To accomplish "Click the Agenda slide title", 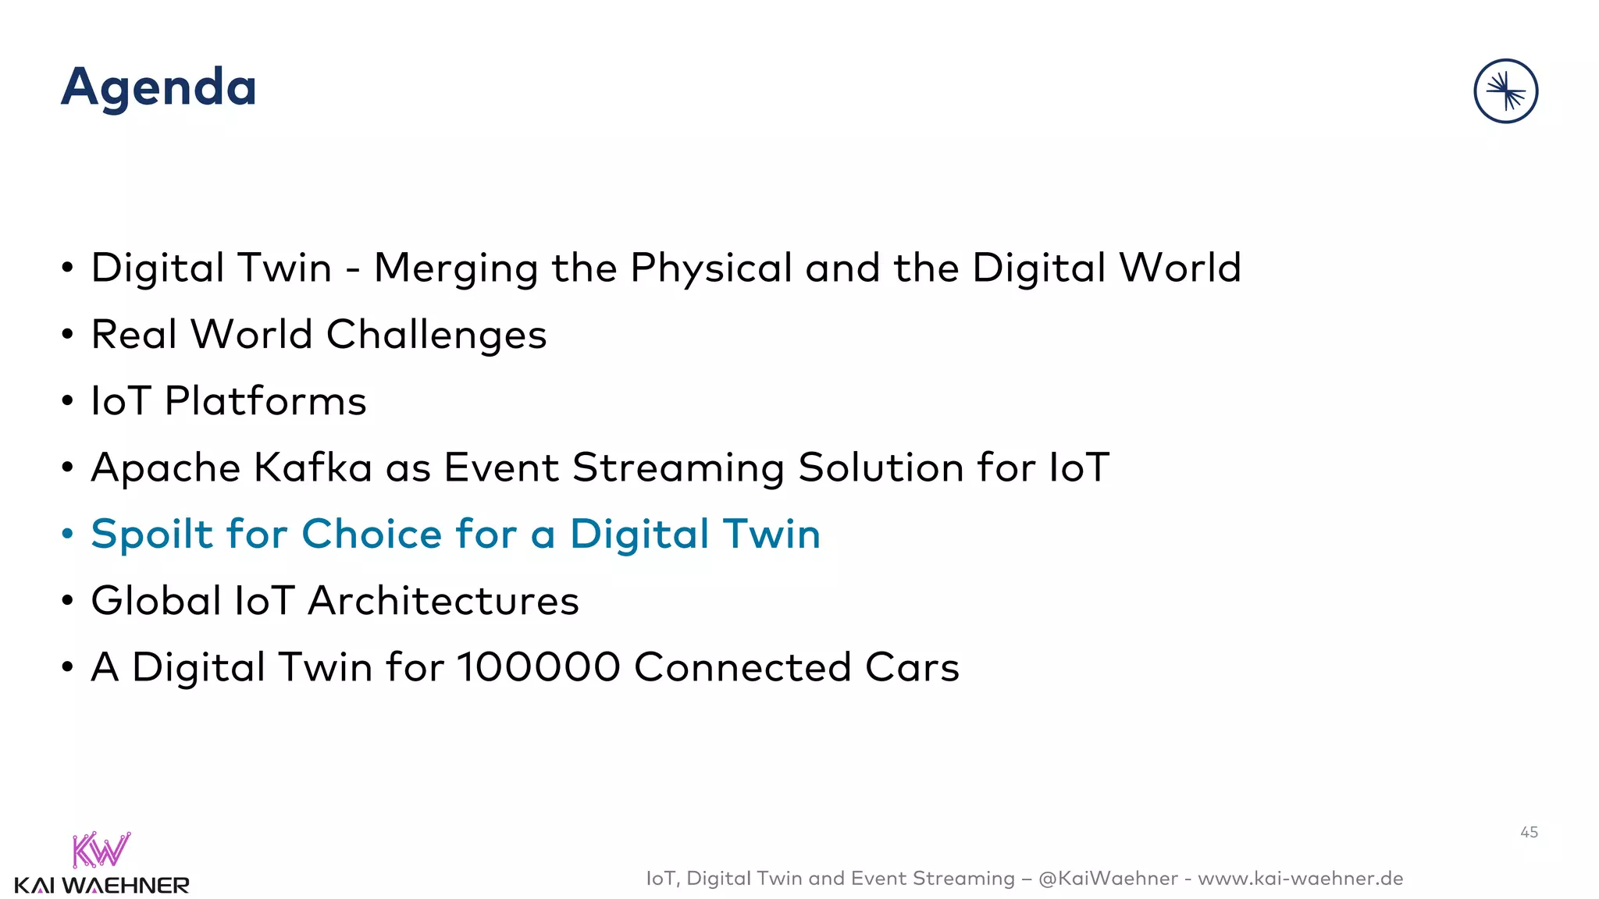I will [158, 87].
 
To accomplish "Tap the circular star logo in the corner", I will [1505, 91].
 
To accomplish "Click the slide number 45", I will [1529, 833].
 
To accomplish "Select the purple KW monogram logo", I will [101, 850].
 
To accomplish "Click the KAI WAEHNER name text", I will [101, 886].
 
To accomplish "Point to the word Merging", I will [456, 269].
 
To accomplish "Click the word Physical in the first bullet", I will [710, 269].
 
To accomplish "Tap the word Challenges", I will [436, 336].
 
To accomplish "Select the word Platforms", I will [265, 402].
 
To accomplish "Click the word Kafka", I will [313, 468].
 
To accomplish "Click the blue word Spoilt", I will [151, 535].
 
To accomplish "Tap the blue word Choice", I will [372, 535].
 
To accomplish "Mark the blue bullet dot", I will [68, 535].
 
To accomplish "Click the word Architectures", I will [443, 601].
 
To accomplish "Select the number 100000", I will [539, 668].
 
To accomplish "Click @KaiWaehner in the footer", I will [1108, 879].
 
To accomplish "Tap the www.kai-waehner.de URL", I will [1300, 879].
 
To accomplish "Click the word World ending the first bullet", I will [1180, 268].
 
